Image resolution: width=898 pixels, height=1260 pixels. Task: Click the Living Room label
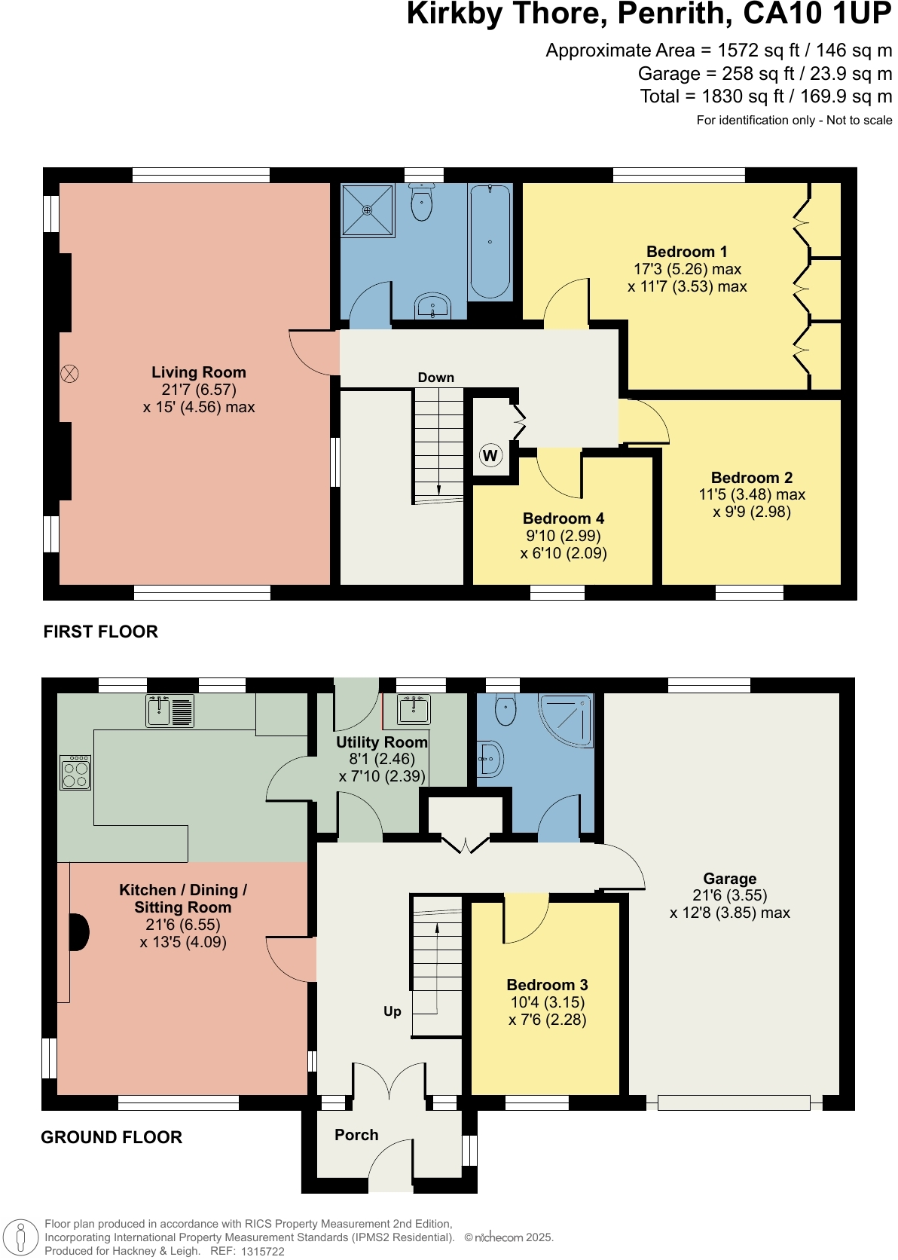[x=198, y=372]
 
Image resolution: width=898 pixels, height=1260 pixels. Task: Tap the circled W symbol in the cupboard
[x=490, y=455]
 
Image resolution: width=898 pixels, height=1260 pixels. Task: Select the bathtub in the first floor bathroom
[x=490, y=241]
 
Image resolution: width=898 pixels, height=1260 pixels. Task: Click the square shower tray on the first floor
[x=368, y=210]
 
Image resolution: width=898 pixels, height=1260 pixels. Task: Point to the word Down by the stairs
[x=436, y=378]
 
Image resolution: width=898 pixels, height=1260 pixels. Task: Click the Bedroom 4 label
[x=563, y=518]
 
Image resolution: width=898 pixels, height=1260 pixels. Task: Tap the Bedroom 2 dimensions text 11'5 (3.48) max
[x=751, y=495]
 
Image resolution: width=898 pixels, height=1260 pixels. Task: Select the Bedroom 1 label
[x=686, y=252]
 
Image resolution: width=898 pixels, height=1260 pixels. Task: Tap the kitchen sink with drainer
[x=170, y=710]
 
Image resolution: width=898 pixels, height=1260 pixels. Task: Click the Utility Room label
[x=381, y=742]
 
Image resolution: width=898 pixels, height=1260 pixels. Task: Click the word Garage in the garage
[x=729, y=879]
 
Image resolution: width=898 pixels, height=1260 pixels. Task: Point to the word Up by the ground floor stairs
[x=392, y=1011]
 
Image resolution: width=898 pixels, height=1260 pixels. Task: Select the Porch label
[x=356, y=1135]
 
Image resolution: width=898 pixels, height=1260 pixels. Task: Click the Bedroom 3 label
[x=547, y=985]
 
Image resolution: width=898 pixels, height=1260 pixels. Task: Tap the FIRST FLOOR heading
[x=100, y=632]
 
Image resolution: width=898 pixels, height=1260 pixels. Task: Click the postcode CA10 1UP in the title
[x=817, y=14]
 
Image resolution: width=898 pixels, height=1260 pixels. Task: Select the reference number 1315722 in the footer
[x=262, y=1251]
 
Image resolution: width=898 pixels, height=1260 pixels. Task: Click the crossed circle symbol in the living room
[x=69, y=374]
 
